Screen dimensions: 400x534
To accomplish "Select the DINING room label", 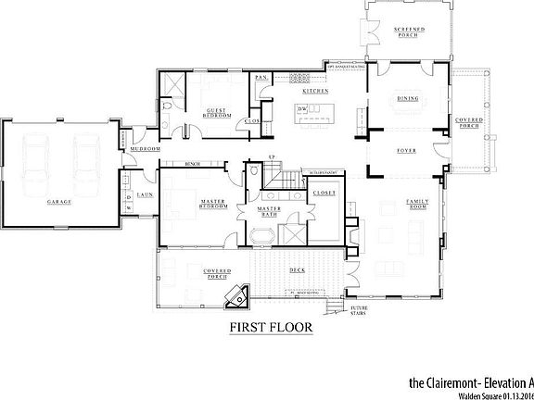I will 408,98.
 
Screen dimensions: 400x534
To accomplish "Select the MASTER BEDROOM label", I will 215,204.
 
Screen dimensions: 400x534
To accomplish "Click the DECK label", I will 297,270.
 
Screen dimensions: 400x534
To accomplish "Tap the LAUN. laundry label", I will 145,195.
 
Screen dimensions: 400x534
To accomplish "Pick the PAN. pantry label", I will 262,78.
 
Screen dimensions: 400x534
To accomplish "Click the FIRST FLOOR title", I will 270,327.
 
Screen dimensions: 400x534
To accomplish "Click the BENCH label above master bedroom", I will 194,164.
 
